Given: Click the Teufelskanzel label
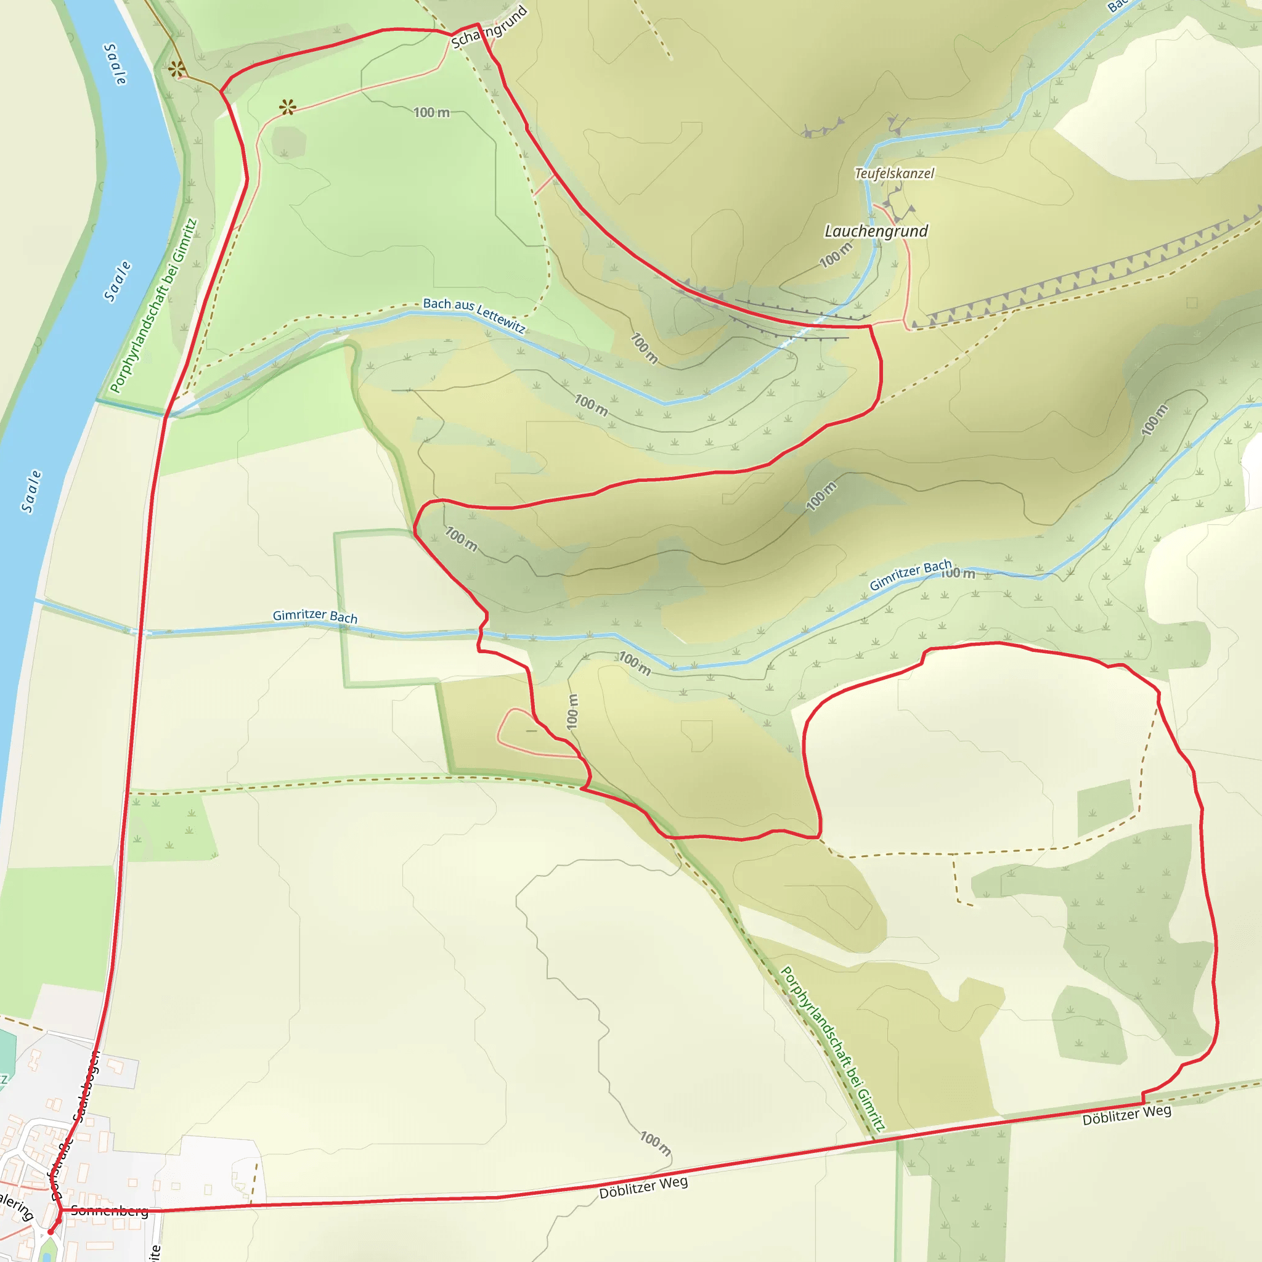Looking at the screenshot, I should tap(894, 174).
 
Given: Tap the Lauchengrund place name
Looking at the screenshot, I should tap(876, 231).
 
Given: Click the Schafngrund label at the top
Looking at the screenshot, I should tap(489, 28).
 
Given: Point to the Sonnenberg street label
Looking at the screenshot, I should tap(110, 1210).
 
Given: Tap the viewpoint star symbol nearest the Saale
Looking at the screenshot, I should tap(176, 68).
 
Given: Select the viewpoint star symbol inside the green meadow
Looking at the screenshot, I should tap(287, 107).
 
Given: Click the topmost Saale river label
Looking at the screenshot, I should tap(116, 64).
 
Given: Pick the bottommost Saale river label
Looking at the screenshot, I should tap(31, 491).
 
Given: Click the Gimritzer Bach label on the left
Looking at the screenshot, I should tap(315, 616).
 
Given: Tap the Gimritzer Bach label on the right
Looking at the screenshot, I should tap(910, 575).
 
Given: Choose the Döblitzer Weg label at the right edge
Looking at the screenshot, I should tap(1127, 1115).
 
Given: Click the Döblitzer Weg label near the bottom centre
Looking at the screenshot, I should tap(643, 1188).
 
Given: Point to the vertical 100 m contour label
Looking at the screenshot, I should tap(572, 711).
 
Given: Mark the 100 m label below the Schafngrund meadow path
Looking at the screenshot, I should tap(432, 112).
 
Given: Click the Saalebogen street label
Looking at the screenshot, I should tap(86, 1087).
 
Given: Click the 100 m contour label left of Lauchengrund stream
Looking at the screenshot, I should tap(836, 254).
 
